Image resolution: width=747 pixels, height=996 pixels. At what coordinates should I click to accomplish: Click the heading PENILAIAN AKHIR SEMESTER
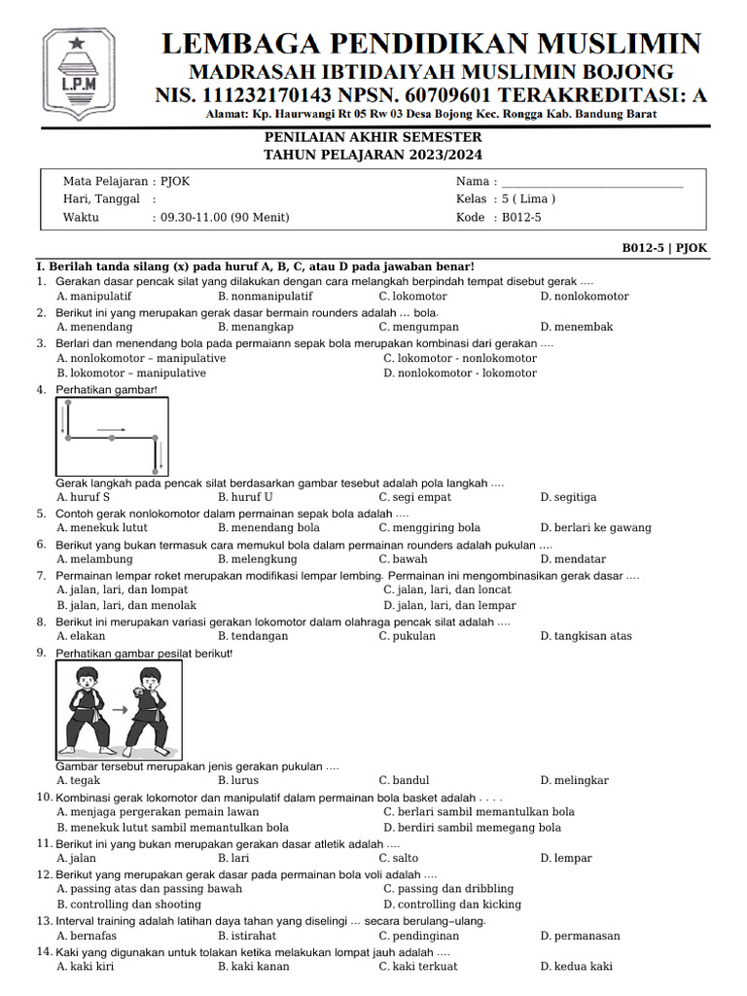(x=373, y=139)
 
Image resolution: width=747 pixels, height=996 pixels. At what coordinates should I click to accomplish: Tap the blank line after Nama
(x=591, y=182)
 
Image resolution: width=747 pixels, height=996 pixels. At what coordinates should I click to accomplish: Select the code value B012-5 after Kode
(x=521, y=217)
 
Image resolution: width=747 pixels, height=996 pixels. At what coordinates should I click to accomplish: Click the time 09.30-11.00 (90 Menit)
(x=225, y=217)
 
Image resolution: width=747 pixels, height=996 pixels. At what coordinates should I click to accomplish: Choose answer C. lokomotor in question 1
(x=412, y=296)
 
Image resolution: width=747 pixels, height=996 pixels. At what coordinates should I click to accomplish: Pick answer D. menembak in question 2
(x=577, y=327)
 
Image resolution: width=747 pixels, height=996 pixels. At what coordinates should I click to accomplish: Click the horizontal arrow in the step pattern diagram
(x=111, y=428)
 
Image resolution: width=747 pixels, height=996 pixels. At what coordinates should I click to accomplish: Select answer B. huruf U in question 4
(x=245, y=497)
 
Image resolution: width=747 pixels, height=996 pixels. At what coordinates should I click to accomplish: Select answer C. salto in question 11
(x=399, y=858)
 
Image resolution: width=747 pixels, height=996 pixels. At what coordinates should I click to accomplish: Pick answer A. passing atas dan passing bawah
(x=150, y=889)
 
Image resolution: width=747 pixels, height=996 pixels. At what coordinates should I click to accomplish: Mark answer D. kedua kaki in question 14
(x=576, y=967)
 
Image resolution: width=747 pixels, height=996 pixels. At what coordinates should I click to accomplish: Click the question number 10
(x=44, y=798)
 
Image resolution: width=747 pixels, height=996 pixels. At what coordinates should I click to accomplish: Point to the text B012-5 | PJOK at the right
(x=664, y=248)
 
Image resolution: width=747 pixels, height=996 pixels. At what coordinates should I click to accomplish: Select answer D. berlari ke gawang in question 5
(x=595, y=528)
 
